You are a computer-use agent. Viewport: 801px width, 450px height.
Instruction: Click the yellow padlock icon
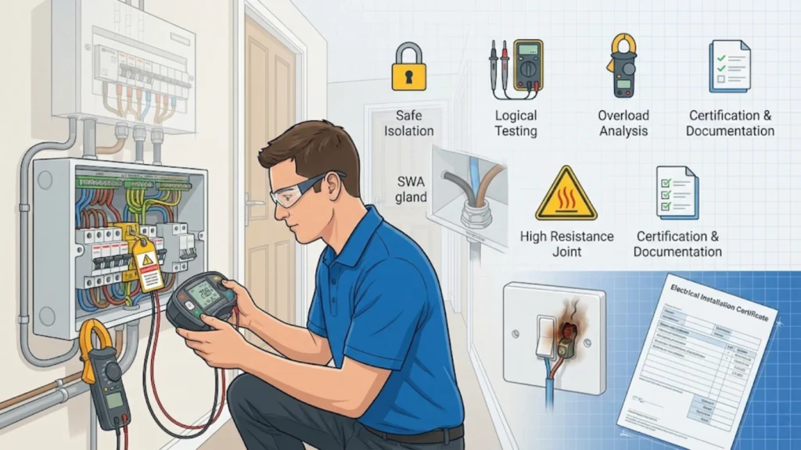tap(409, 68)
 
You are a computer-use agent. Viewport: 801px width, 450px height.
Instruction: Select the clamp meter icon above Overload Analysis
tap(623, 66)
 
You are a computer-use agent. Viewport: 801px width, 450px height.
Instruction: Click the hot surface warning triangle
tap(566, 193)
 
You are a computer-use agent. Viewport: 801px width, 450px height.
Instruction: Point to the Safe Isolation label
tap(409, 123)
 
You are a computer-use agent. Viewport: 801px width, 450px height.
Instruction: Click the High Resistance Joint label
tap(566, 244)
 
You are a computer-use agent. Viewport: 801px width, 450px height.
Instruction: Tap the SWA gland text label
tap(410, 189)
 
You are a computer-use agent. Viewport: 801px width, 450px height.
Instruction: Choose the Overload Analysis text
tap(623, 123)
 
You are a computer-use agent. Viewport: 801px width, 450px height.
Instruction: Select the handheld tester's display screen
tap(203, 295)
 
